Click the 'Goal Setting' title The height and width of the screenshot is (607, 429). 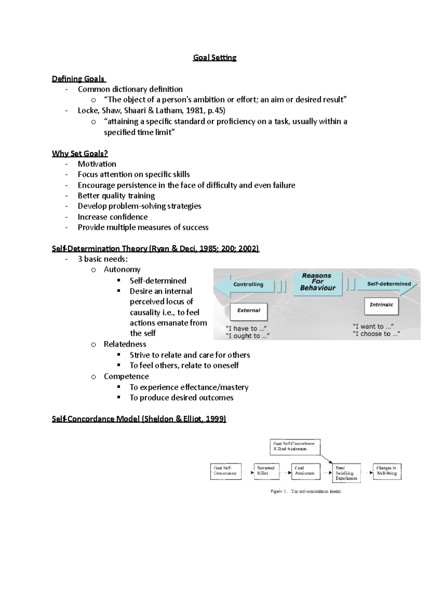click(214, 58)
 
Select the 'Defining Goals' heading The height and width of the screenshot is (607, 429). click(78, 79)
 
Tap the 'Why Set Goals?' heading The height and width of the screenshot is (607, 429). click(80, 153)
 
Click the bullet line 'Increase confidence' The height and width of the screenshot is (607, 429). click(113, 217)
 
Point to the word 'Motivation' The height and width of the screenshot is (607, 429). click(97, 164)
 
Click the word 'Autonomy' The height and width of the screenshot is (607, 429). click(122, 270)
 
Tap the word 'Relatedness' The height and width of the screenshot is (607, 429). click(125, 344)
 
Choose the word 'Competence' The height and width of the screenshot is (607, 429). click(126, 376)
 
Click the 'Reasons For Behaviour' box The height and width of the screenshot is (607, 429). click(317, 284)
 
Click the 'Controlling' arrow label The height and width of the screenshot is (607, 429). click(248, 285)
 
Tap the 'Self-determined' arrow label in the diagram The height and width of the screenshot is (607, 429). click(389, 284)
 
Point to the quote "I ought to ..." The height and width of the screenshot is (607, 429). click(247, 336)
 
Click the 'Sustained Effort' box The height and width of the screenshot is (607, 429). click(266, 471)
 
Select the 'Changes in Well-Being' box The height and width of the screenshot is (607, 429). click(386, 471)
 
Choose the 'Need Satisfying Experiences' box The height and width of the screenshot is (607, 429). click(346, 473)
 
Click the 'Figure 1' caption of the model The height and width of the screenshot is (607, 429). click(306, 492)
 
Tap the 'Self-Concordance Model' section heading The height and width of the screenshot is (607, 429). click(139, 419)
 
